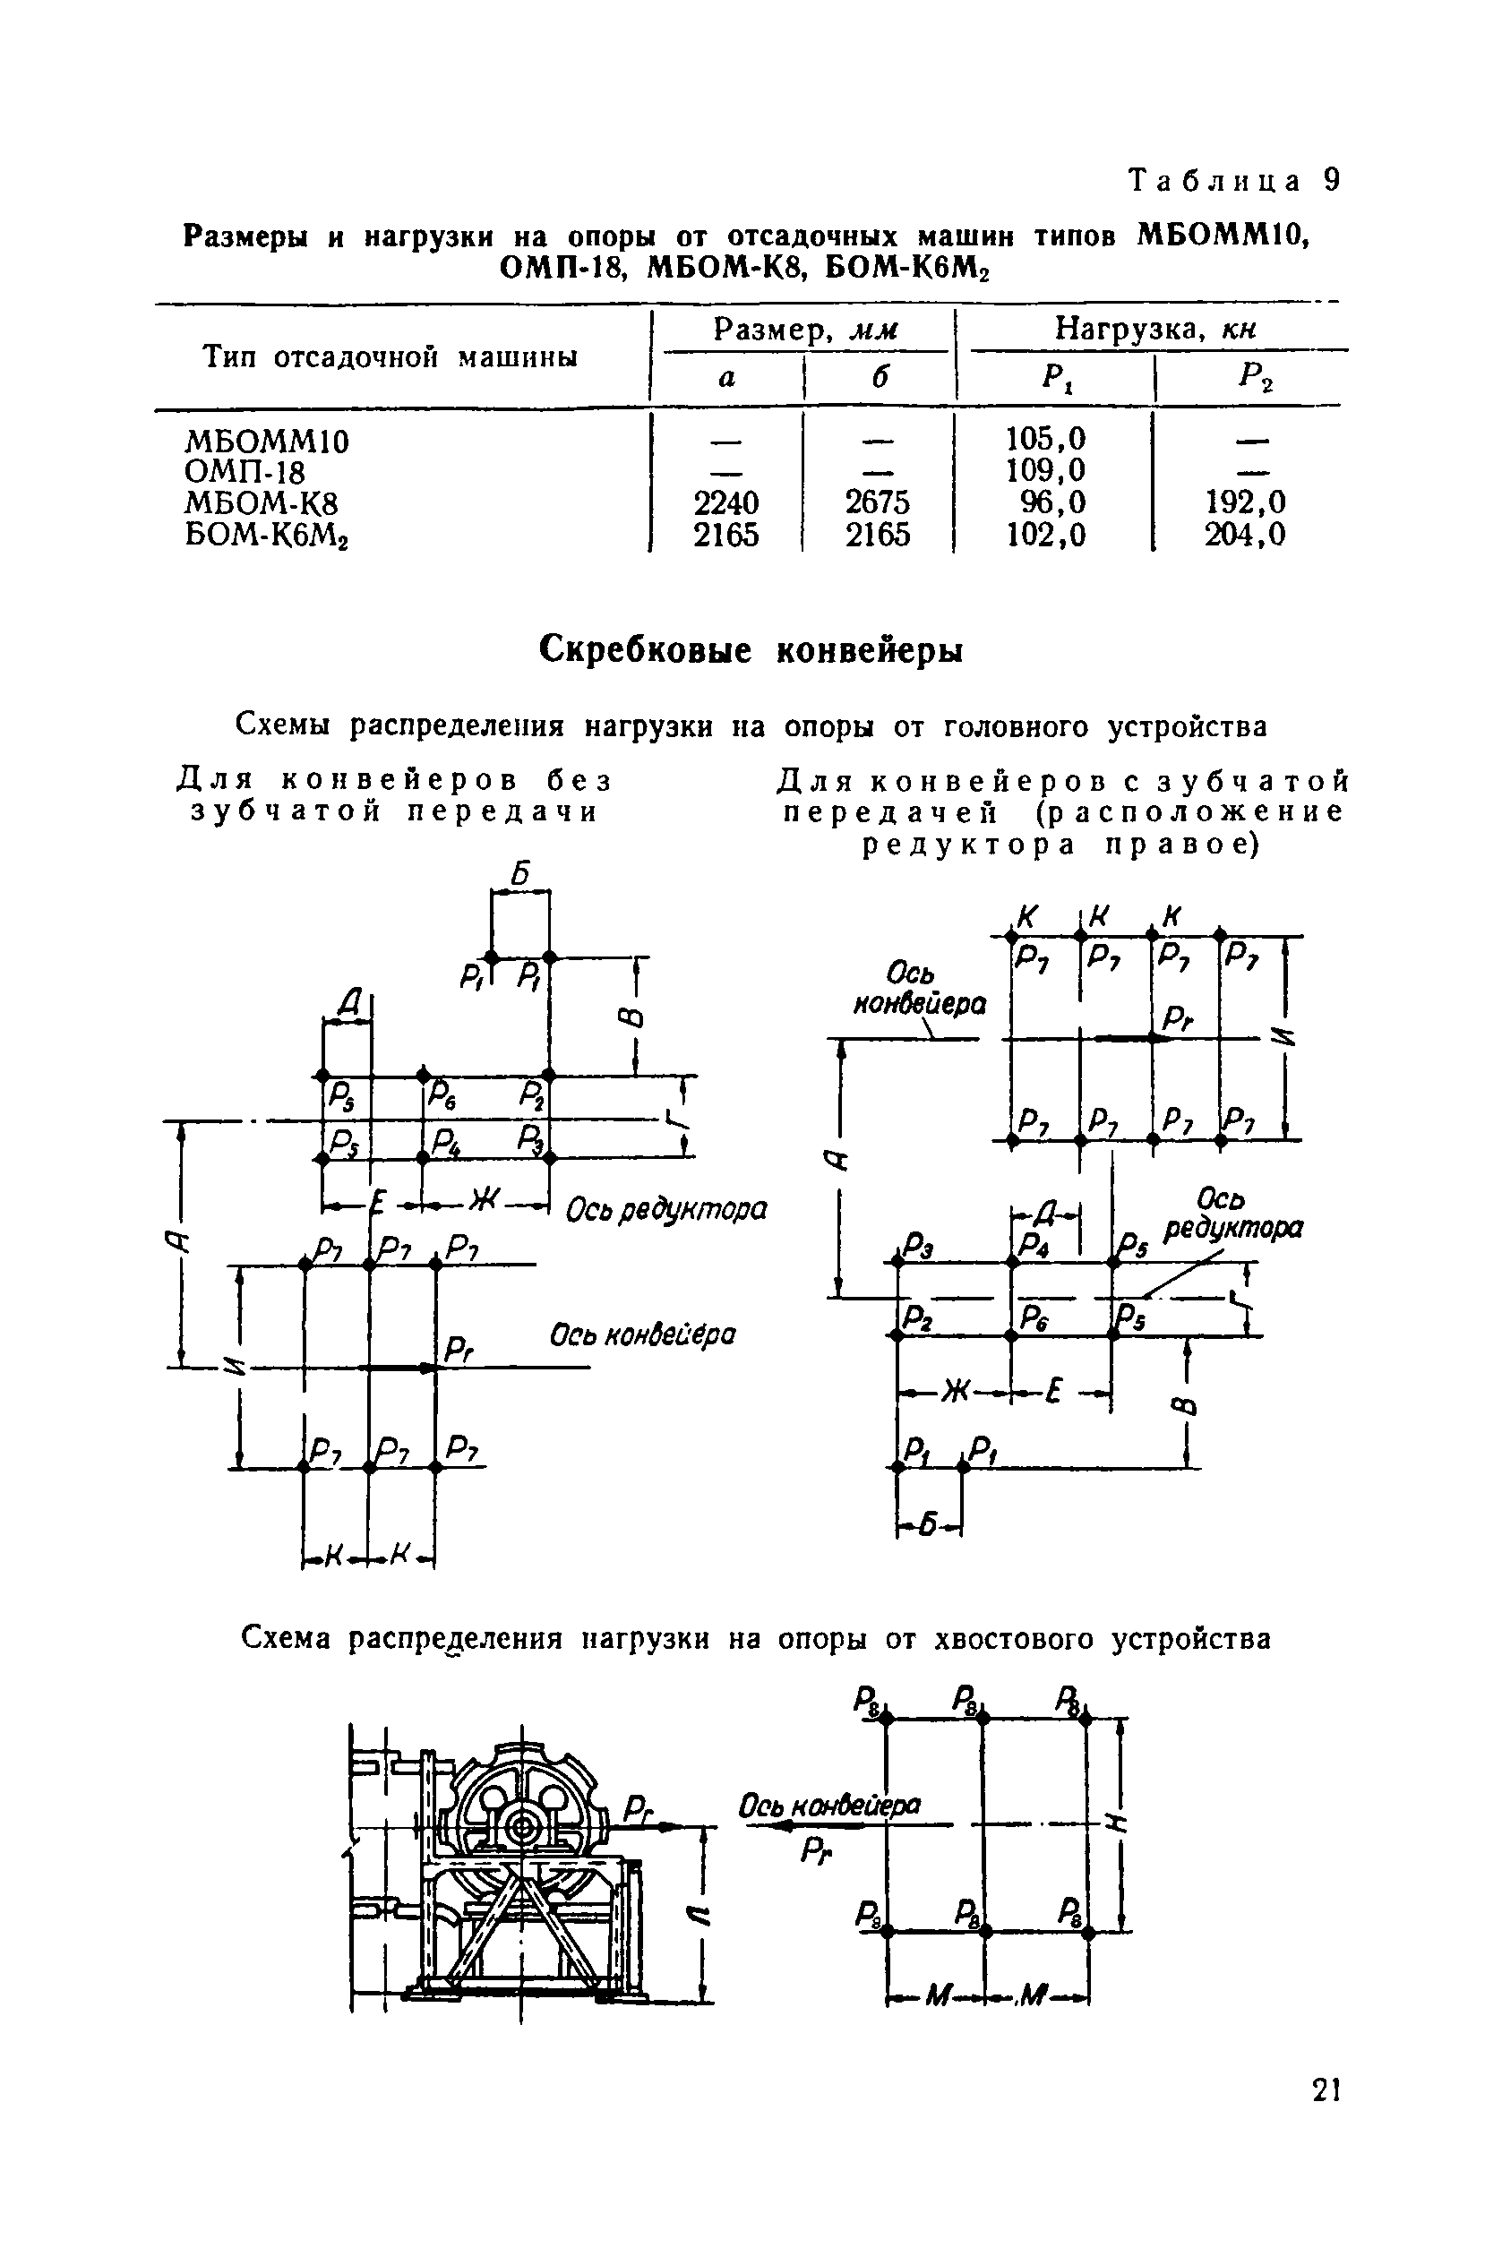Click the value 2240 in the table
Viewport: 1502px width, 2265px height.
(x=725, y=502)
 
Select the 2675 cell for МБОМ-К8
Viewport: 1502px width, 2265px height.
(x=877, y=502)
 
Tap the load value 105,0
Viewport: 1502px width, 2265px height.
(x=1045, y=440)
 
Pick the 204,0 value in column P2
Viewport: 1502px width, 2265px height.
(x=1244, y=535)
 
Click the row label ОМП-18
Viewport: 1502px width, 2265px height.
(x=245, y=472)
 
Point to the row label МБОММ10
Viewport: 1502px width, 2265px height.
(x=267, y=442)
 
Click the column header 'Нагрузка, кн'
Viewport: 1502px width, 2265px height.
(x=1154, y=330)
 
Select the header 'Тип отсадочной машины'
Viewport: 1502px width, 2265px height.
(x=390, y=357)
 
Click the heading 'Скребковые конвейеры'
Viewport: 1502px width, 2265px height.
(x=750, y=650)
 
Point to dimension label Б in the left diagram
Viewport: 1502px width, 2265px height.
(x=520, y=873)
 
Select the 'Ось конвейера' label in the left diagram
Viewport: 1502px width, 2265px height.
(x=643, y=1334)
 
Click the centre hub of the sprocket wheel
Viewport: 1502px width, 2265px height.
(x=523, y=1828)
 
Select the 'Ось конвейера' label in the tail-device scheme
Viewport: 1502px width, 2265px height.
(x=829, y=1806)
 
